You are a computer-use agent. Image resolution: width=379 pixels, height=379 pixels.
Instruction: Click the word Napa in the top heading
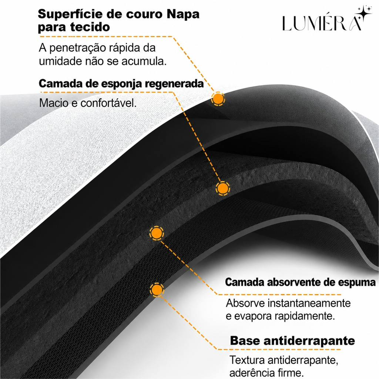(x=183, y=14)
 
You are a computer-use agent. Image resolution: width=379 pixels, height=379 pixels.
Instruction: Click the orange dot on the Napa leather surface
(x=218, y=98)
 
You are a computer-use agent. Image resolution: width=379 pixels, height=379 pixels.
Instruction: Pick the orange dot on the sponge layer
(x=222, y=188)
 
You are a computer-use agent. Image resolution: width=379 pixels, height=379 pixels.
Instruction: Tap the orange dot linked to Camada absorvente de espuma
(x=157, y=233)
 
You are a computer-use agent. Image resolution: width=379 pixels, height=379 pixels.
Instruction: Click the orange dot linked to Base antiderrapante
(x=157, y=289)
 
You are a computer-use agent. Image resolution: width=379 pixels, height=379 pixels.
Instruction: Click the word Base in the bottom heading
(x=245, y=341)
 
